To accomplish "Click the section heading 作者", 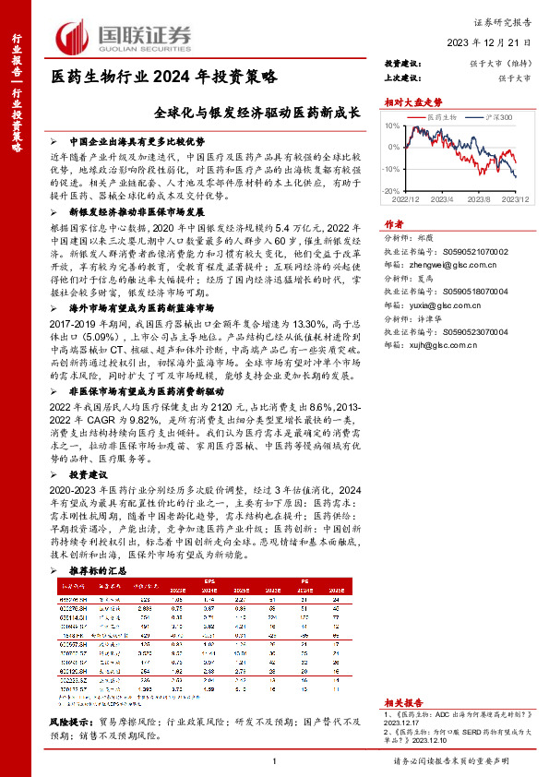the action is [393, 223].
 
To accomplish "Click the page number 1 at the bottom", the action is [275, 760].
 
